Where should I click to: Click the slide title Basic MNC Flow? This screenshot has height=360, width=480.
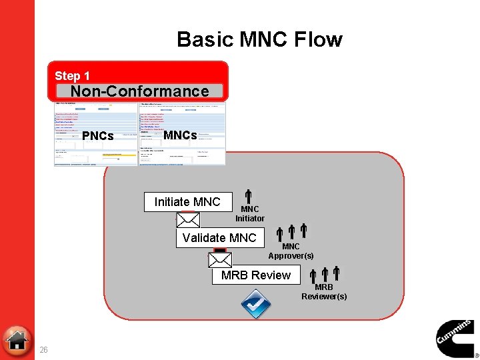[x=259, y=39]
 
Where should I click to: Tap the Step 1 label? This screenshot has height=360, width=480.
[x=72, y=76]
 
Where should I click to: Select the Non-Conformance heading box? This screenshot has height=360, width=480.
[x=139, y=91]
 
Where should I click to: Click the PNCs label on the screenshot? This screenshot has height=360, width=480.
[x=97, y=136]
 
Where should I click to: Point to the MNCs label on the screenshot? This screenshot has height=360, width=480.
[x=180, y=135]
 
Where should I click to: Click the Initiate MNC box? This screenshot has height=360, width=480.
[x=187, y=202]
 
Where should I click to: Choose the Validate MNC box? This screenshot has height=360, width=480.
[x=219, y=238]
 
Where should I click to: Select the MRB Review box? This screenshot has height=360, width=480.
[x=256, y=275]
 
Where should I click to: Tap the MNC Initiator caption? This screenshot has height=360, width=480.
[x=250, y=214]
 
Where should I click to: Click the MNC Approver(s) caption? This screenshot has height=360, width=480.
[x=291, y=251]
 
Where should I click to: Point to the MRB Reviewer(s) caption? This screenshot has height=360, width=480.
[x=324, y=292]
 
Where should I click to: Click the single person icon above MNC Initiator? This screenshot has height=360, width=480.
[x=247, y=196]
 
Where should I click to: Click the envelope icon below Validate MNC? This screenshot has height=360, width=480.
[x=220, y=259]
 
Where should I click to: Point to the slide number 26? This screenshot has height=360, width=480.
[x=43, y=349]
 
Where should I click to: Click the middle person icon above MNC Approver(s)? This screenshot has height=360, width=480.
[x=292, y=232]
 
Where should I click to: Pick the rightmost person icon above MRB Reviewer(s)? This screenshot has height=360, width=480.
[x=337, y=273]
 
